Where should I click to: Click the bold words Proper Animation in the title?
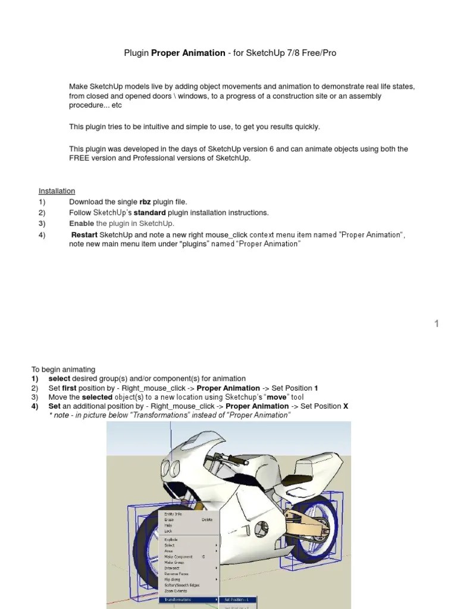pyautogui.click(x=188, y=53)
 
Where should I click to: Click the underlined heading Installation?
pyautogui.click(x=57, y=191)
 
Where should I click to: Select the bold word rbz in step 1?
pyautogui.click(x=145, y=202)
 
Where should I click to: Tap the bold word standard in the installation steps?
pyautogui.click(x=149, y=213)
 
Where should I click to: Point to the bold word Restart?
pyautogui.click(x=84, y=235)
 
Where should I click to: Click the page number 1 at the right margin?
pyautogui.click(x=437, y=324)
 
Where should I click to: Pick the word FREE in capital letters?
pyautogui.click(x=79, y=159)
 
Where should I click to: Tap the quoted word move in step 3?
pyautogui.click(x=276, y=397)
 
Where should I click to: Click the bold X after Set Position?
pyautogui.click(x=345, y=406)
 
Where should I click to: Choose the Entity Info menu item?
pyautogui.click(x=173, y=514)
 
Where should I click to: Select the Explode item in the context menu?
pyautogui.click(x=171, y=539)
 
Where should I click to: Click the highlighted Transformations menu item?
pyautogui.click(x=178, y=599)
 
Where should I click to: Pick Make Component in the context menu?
pyautogui.click(x=178, y=557)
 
